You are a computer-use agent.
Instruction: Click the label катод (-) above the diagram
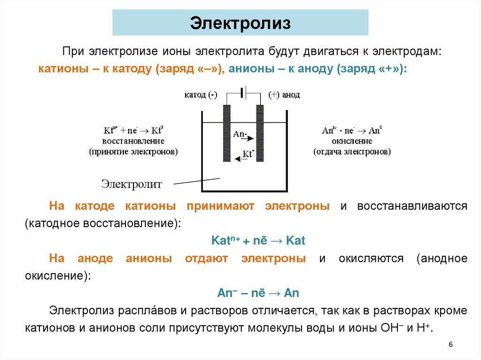201,95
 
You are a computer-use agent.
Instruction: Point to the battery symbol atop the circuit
243,92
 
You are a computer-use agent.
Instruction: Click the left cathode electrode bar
227,133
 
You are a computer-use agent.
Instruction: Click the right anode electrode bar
259,133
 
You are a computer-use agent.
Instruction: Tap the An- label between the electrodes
240,134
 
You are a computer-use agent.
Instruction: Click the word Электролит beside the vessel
132,184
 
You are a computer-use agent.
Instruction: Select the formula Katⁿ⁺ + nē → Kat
258,241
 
